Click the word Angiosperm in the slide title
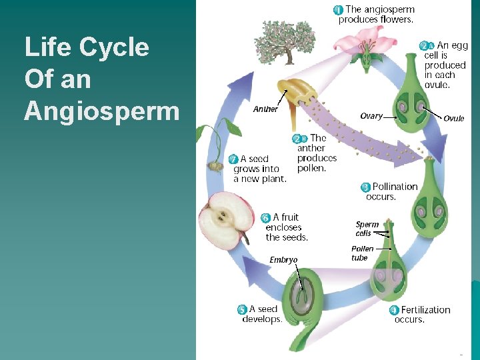click(101, 111)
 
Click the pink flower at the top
click(365, 43)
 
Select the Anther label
click(265, 109)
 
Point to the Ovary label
click(371, 116)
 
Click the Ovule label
click(454, 119)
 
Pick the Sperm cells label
click(367, 229)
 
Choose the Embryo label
click(283, 260)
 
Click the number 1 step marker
click(339, 10)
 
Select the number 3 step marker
click(365, 187)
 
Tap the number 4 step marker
click(394, 310)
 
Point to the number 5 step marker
click(243, 309)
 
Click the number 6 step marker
click(265, 218)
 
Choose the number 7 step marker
click(233, 159)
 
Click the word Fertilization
click(426, 310)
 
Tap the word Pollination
click(395, 187)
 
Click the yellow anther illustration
click(293, 93)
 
